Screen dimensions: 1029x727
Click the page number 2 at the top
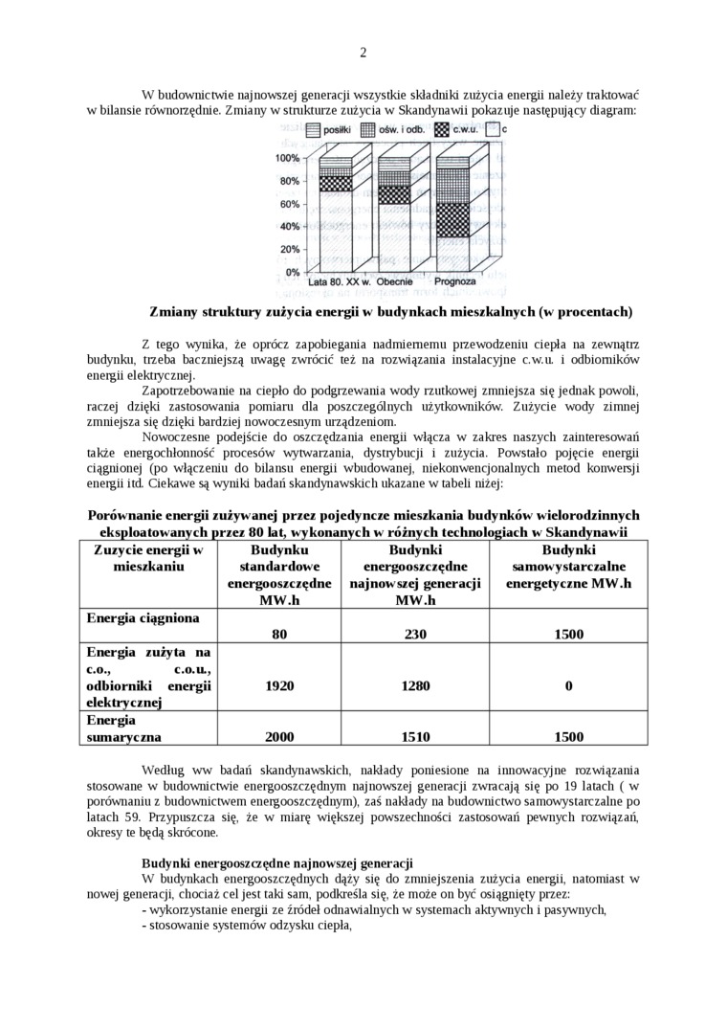pyautogui.click(x=363, y=52)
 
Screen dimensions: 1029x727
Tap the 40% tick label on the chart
pyautogui.click(x=289, y=227)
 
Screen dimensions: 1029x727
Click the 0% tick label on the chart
pyautogui.click(x=292, y=273)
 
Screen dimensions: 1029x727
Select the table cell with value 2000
pyautogui.click(x=279, y=737)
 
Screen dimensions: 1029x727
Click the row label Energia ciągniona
pyautogui.click(x=143, y=617)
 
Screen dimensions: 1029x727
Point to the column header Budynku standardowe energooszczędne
pyautogui.click(x=279, y=574)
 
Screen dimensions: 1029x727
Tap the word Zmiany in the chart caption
pyautogui.click(x=172, y=312)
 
